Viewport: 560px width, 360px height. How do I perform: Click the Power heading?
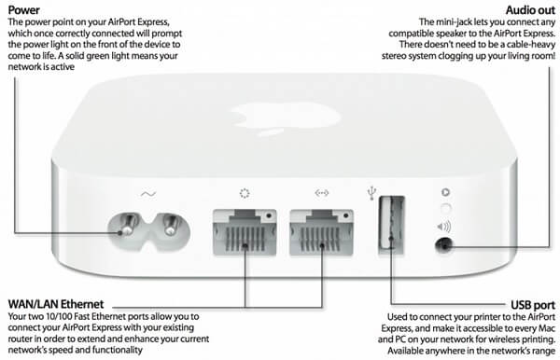click(24, 10)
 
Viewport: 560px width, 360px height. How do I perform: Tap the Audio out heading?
click(530, 10)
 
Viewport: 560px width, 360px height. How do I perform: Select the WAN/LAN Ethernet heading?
click(56, 304)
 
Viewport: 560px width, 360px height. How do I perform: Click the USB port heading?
click(533, 305)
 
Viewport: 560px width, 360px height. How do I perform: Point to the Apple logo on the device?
click(286, 117)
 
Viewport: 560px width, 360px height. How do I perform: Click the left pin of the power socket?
click(127, 225)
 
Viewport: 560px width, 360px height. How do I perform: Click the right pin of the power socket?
click(172, 225)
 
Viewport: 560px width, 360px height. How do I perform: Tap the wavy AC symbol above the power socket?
click(147, 194)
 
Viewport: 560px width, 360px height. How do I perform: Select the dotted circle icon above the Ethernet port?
click(245, 193)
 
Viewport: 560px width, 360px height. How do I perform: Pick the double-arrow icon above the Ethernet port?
click(322, 193)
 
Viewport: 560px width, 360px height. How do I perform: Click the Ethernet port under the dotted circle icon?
click(245, 232)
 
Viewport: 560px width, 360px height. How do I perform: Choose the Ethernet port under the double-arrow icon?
click(321, 232)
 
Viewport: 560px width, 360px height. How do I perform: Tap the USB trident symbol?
click(371, 193)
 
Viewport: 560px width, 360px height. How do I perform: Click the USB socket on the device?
click(391, 225)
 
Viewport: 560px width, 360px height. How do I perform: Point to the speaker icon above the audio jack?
click(444, 227)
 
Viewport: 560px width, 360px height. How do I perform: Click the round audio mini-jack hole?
click(444, 245)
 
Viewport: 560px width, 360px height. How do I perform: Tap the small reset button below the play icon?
click(445, 209)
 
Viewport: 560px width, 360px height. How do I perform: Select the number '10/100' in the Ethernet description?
click(59, 316)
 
